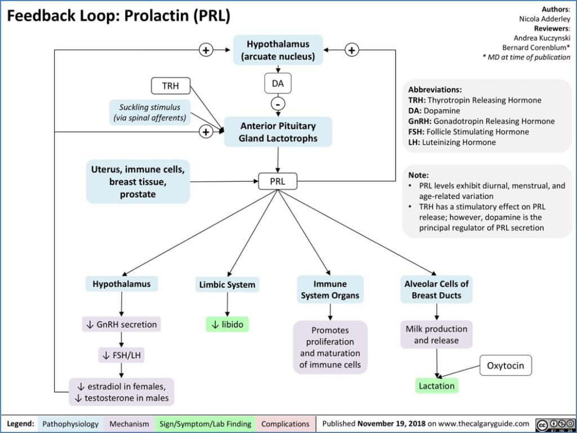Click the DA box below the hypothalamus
coord(278,84)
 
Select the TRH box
coord(170,86)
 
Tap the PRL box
coord(277,182)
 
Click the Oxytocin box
coord(505,365)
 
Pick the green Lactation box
coord(437,386)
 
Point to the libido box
coord(227,324)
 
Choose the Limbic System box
coord(227,284)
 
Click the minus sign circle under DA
coord(278,104)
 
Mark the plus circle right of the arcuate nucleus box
coord(352,50)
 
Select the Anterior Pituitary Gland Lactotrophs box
coord(278,132)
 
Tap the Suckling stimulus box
coord(149,112)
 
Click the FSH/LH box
coord(121,355)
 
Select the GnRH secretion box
coord(122,324)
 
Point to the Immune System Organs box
coord(330,289)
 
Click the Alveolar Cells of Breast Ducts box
coord(436,289)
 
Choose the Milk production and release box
coord(437,334)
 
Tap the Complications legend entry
coord(285,423)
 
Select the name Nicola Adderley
coord(544,19)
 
